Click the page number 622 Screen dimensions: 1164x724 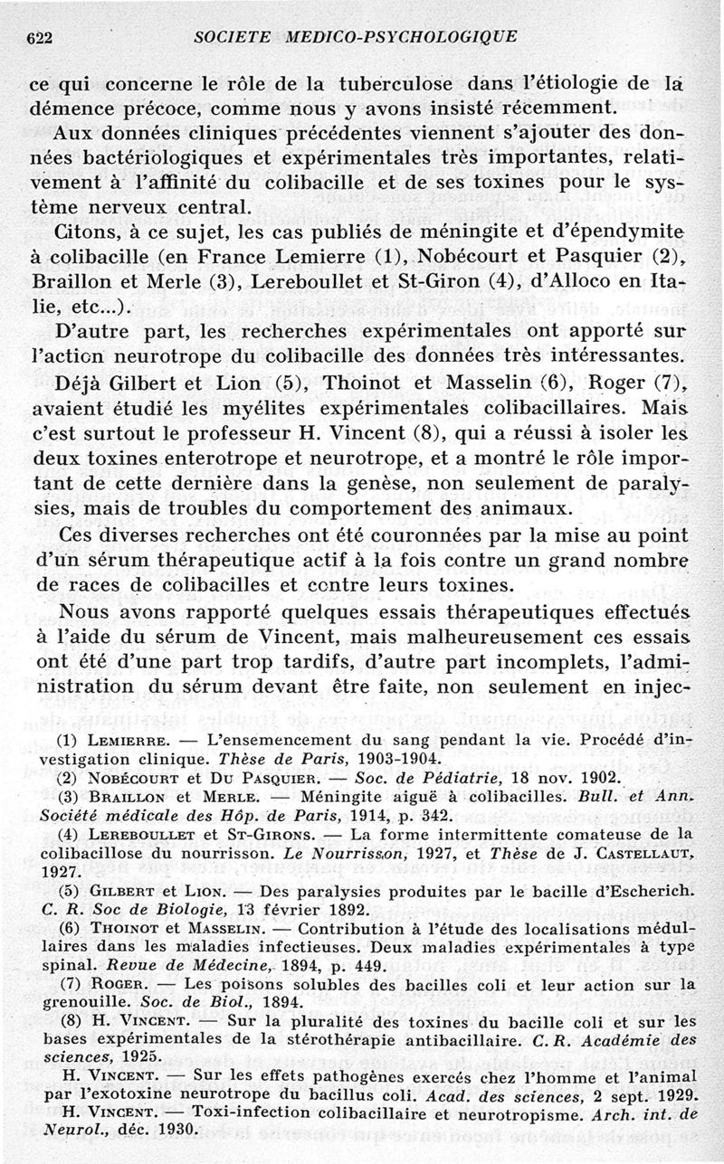pyautogui.click(x=39, y=37)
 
